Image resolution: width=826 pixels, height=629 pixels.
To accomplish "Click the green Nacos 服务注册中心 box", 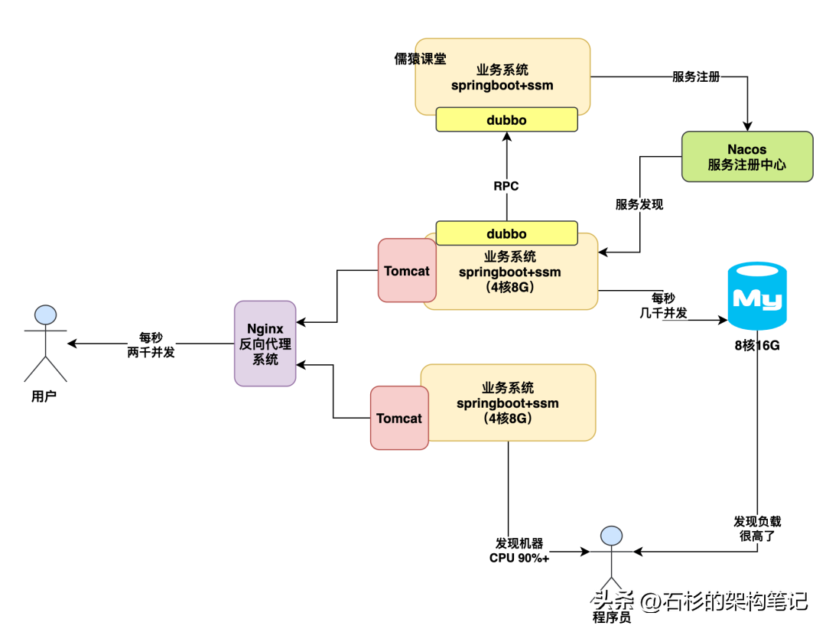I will (x=747, y=156).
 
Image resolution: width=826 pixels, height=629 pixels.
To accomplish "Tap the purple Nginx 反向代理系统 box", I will (x=265, y=343).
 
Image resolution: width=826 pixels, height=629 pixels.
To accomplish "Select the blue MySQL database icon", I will (x=757, y=296).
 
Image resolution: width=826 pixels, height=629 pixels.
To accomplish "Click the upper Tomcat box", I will (x=407, y=270).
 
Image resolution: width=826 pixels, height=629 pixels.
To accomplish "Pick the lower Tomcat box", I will (x=399, y=418).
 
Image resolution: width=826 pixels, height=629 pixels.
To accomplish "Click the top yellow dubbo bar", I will (x=506, y=120).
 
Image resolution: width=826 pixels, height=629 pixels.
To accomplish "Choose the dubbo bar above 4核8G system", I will (x=506, y=233).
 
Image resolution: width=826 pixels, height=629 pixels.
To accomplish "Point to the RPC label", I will (x=506, y=185).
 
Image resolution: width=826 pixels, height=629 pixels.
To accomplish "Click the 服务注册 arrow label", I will (x=696, y=77).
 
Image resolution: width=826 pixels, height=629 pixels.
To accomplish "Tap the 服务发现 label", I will (x=639, y=204).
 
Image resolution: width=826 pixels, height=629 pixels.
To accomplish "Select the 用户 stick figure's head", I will (x=45, y=315).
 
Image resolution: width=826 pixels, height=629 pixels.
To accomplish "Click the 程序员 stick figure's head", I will (x=610, y=536).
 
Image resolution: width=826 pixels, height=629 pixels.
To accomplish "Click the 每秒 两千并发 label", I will (x=151, y=344).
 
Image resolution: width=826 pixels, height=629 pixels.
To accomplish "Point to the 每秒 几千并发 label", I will (x=663, y=304).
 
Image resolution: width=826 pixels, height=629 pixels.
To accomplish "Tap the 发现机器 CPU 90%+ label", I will (x=519, y=550).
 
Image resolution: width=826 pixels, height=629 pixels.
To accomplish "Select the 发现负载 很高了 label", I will (x=757, y=528).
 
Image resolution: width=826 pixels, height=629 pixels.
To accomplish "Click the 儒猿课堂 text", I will (x=420, y=59).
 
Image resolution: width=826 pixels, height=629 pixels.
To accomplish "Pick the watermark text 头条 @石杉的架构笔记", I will (x=701, y=601).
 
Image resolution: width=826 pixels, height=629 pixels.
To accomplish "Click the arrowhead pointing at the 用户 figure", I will (x=72, y=344).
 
